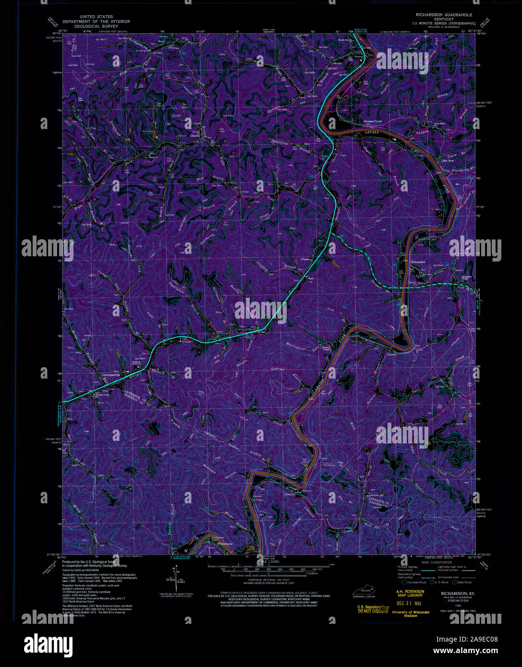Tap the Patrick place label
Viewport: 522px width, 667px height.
tap(393, 355)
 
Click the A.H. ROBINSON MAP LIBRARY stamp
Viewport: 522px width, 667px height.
tap(409, 594)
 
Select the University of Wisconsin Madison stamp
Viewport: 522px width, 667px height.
tap(410, 615)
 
